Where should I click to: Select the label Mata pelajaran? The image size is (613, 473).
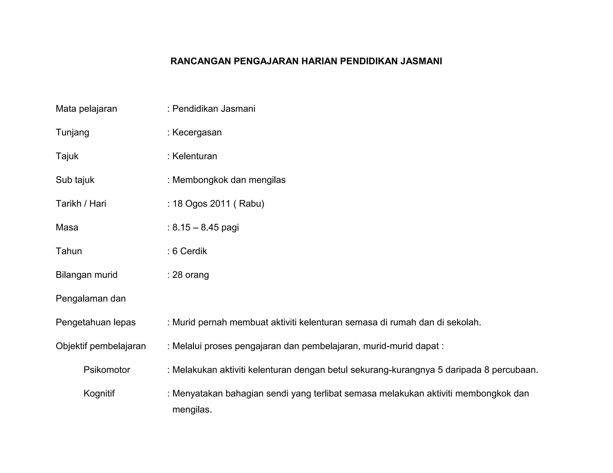coord(86,109)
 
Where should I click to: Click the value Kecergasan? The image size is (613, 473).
coord(197,132)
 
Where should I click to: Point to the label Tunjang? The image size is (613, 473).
coord(72,132)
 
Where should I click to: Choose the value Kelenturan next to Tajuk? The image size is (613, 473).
coord(195,156)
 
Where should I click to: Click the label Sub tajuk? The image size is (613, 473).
coord(75,180)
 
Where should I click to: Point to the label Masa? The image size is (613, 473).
coord(67,228)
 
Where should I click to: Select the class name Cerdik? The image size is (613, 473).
coord(193,251)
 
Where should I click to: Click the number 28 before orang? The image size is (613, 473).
coord(177,275)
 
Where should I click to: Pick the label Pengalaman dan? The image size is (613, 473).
coord(91,299)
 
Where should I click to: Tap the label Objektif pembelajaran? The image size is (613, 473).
coord(101,346)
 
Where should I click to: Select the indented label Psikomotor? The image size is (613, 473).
coord(107,370)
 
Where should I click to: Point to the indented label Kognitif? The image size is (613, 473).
coord(99,393)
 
